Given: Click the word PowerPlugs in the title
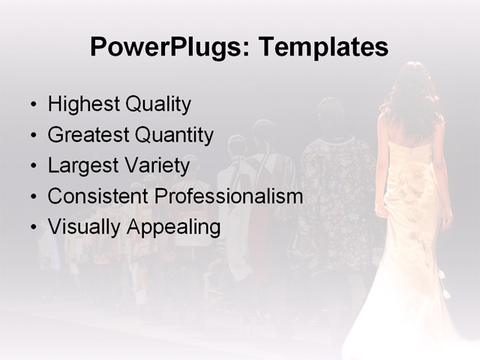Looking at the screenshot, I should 168,48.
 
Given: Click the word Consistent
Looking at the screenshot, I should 97,196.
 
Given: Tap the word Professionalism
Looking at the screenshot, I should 229,196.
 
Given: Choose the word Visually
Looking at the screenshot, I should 82,227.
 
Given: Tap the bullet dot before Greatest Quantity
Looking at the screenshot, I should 32,136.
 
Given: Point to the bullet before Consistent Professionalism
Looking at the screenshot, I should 32,197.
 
